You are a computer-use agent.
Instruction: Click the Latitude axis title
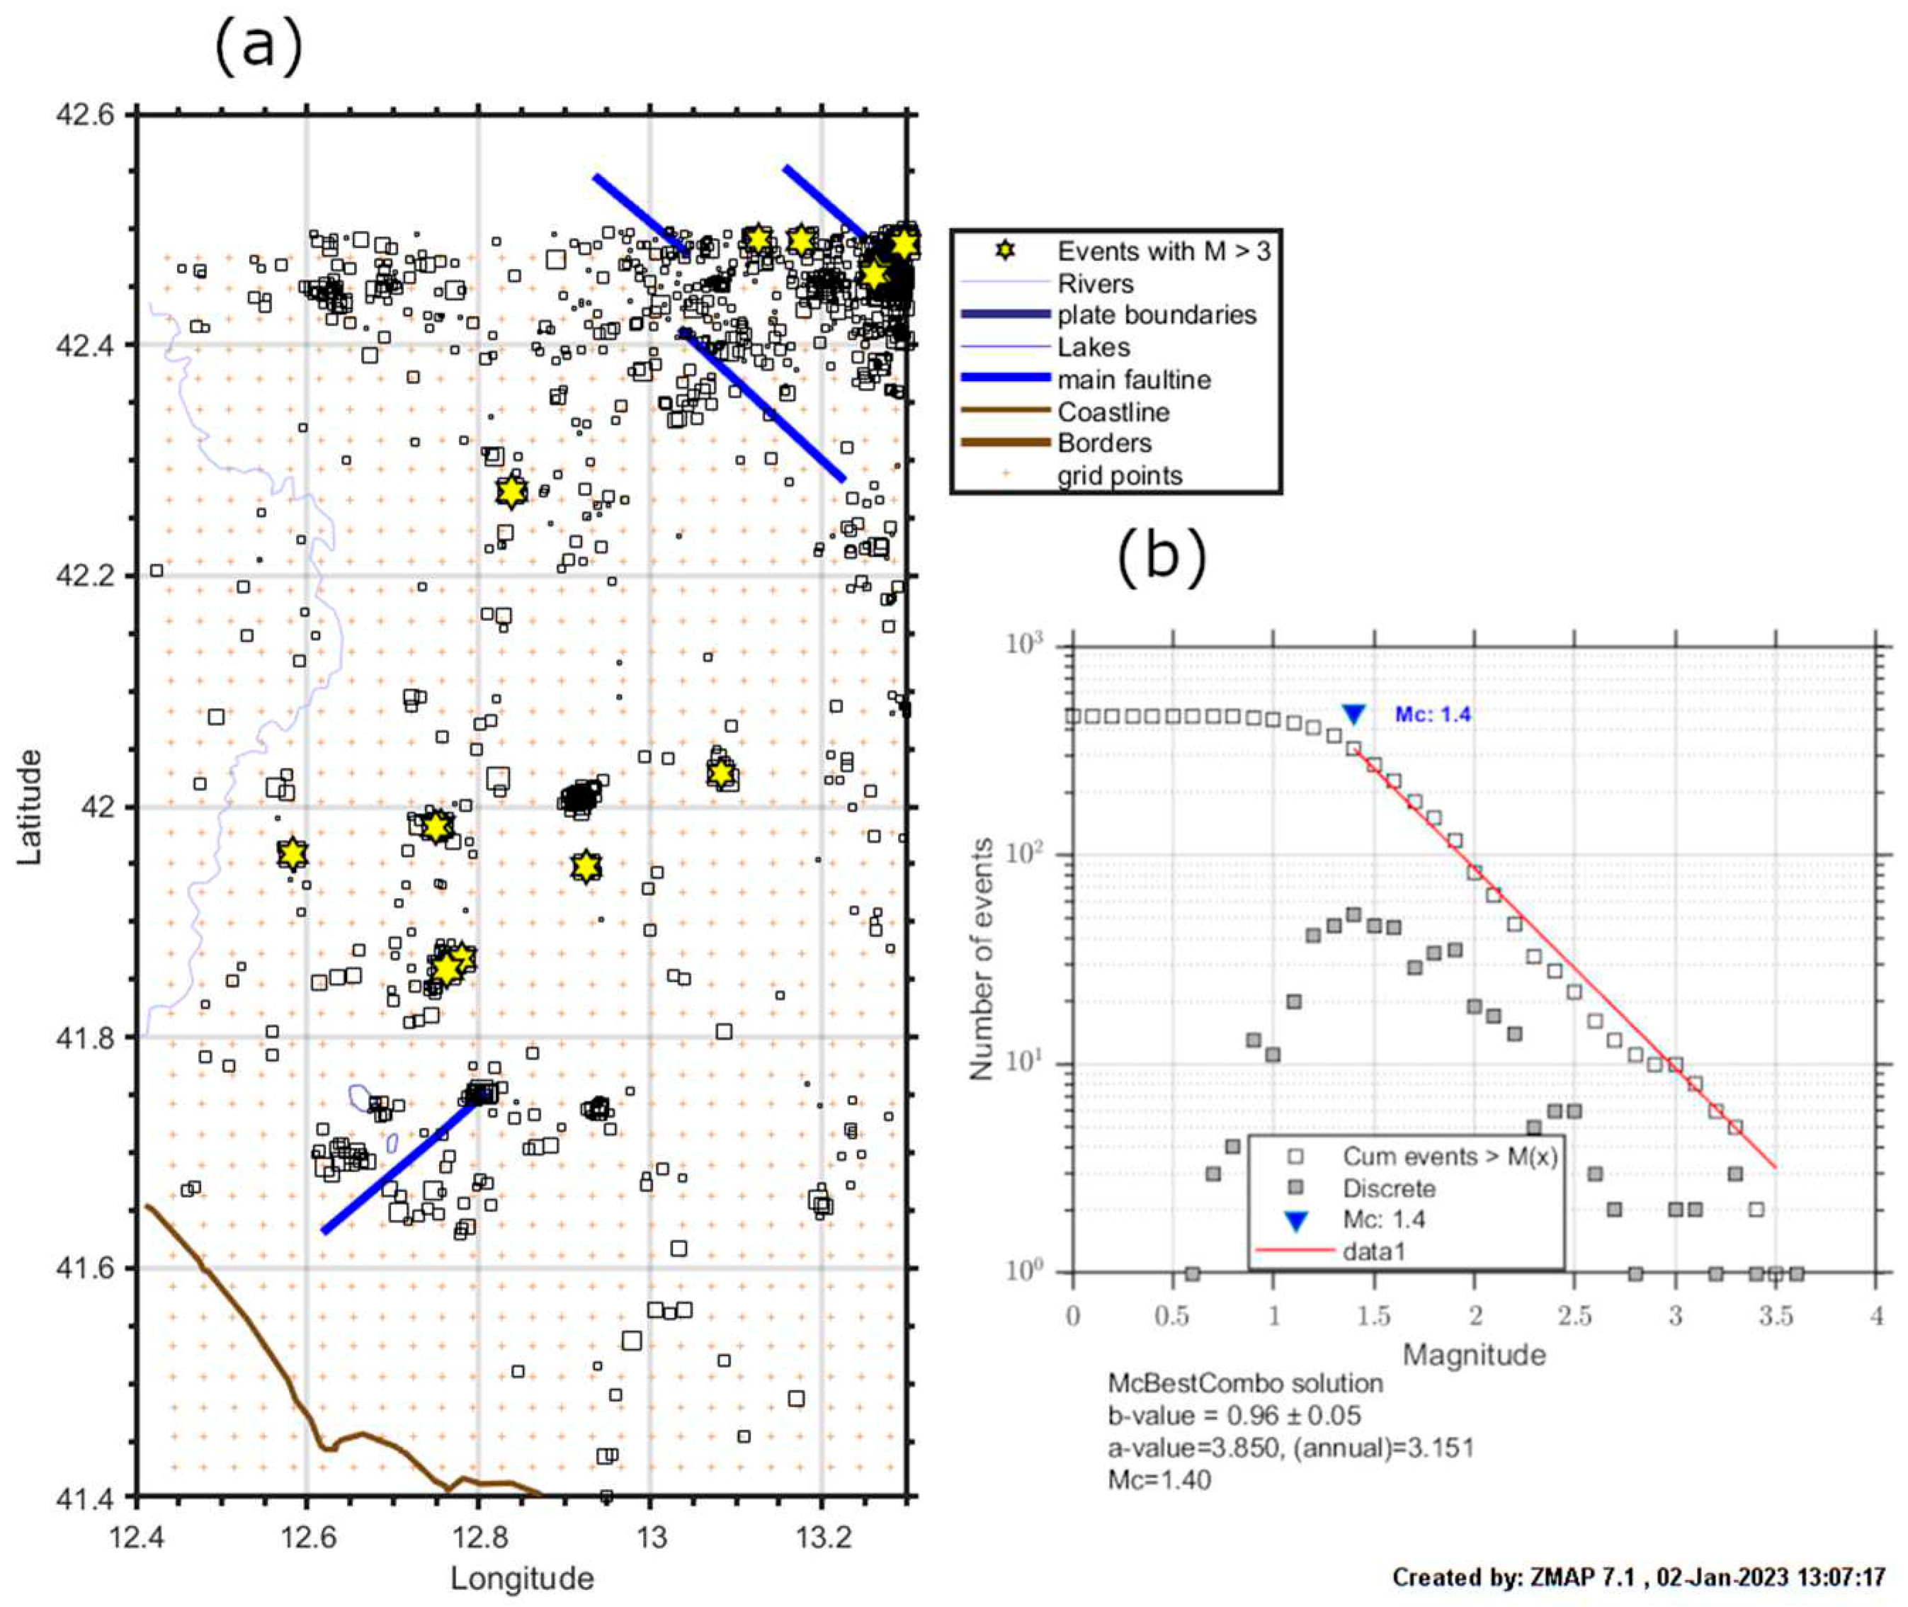[29, 806]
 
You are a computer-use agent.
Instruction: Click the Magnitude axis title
[1474, 1355]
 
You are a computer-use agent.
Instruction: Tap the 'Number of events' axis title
[981, 959]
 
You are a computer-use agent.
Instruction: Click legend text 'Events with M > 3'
[1163, 251]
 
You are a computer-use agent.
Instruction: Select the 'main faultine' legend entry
[1134, 379]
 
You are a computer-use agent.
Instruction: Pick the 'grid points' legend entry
[1119, 475]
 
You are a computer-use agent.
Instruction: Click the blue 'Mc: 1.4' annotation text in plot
[1433, 714]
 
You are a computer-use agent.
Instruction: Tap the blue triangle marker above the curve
[1353, 714]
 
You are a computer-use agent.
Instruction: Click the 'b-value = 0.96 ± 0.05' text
[1234, 1415]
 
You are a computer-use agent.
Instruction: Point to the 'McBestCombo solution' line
[1244, 1383]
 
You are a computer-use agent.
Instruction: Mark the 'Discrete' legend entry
[1389, 1188]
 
